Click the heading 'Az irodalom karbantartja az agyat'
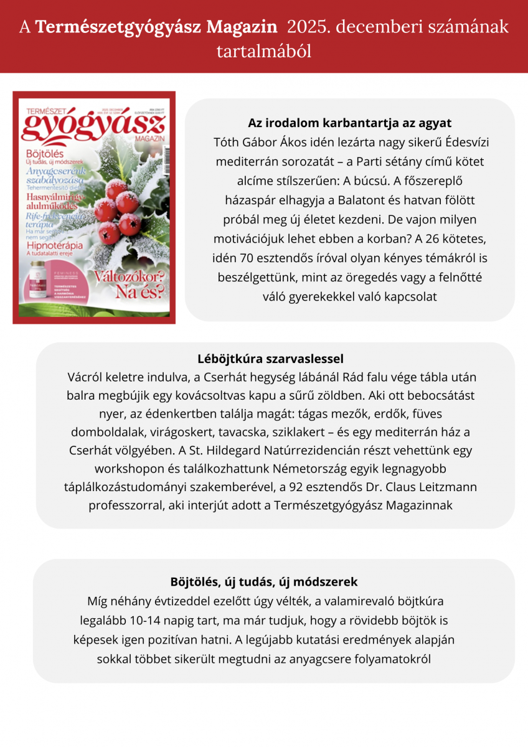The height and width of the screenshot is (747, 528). tap(349, 123)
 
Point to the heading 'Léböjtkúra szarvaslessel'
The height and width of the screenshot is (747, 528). tap(270, 359)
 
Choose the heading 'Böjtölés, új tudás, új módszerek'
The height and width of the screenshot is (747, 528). tap(264, 582)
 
